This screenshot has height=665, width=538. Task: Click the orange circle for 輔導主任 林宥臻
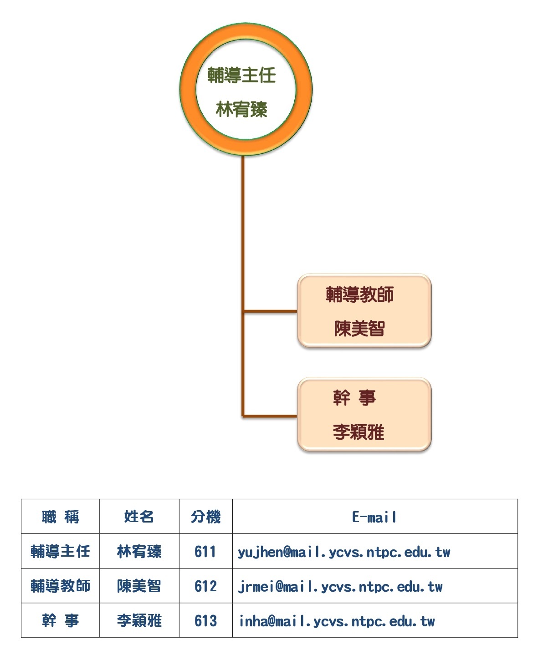coord(246,90)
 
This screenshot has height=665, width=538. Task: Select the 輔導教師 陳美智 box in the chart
coord(364,311)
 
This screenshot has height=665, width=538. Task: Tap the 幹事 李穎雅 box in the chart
coord(364,415)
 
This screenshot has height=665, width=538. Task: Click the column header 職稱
coord(60,517)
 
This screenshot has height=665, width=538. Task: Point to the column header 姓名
coord(139,517)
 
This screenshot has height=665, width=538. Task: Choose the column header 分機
coord(205,517)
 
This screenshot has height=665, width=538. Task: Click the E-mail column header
coord(374,517)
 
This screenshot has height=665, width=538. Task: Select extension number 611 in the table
coord(205,552)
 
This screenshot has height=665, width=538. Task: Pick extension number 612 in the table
coord(205,586)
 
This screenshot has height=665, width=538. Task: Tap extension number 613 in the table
coord(205,621)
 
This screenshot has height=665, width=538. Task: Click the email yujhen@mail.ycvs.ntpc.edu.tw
coord(343,552)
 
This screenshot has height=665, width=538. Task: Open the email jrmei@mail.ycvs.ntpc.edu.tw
coord(340,587)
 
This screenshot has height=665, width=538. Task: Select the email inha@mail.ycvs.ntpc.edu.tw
coord(337,621)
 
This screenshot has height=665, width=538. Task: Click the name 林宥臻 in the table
coord(139,552)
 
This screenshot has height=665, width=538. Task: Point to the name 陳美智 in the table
coord(139,586)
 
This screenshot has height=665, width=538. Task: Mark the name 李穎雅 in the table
coord(139,621)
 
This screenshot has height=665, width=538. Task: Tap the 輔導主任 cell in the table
coord(60,552)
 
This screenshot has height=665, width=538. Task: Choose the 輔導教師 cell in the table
coord(60,586)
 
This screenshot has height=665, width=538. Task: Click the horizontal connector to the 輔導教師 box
coord(270,311)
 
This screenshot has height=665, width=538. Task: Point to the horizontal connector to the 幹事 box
coord(270,416)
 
